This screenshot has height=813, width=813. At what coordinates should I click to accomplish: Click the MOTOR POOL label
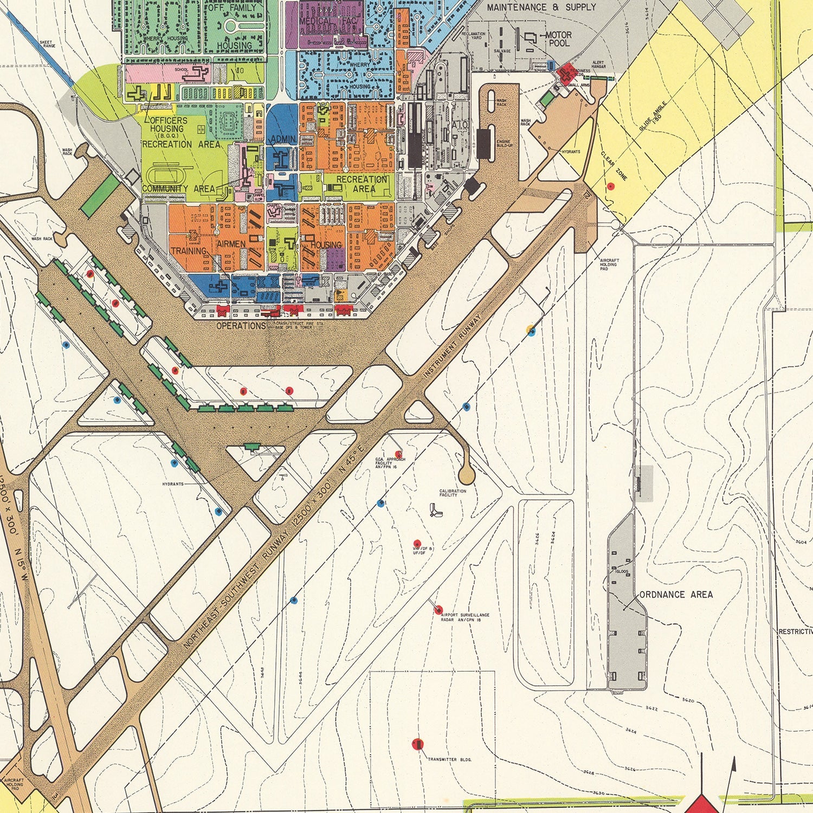[x=558, y=38]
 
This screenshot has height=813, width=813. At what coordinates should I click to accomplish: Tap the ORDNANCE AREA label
[x=676, y=595]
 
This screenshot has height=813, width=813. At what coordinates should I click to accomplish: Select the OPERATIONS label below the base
[x=241, y=326]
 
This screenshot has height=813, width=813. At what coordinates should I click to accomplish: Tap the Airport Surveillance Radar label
[x=465, y=617]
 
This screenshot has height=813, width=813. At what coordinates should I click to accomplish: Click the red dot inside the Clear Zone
[x=611, y=186]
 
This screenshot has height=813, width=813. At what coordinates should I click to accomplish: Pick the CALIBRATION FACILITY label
[x=453, y=493]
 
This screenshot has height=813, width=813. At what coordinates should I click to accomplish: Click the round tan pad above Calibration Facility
[x=466, y=475]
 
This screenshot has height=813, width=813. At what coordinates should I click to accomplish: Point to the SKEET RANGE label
[x=48, y=44]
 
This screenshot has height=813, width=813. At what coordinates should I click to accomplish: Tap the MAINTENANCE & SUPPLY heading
[x=541, y=8]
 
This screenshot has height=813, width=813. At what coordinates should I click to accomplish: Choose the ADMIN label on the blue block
[x=283, y=139]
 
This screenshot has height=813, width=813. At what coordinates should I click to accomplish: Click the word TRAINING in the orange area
[x=188, y=251]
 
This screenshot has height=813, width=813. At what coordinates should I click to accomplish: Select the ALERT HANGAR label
[x=598, y=64]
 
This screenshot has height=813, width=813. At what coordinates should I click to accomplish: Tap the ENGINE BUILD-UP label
[x=504, y=144]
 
